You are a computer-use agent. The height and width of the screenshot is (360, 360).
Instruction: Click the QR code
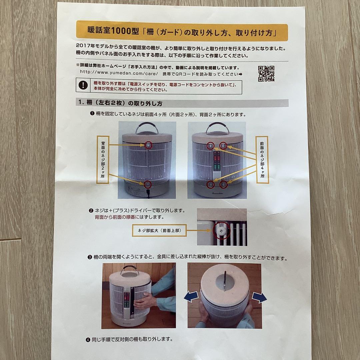pyautogui.click(x=266, y=74)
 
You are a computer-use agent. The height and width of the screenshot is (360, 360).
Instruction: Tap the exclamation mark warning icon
pyautogui.click(x=83, y=85)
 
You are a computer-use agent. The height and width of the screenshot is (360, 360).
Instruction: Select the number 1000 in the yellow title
pyautogui.click(x=121, y=31)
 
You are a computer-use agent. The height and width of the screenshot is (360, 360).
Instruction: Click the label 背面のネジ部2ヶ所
pyautogui.click(x=103, y=160)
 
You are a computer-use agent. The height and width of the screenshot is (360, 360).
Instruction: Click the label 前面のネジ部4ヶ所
pyautogui.click(x=262, y=160)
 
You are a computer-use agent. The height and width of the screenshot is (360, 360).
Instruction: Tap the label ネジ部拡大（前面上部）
pyautogui.click(x=159, y=230)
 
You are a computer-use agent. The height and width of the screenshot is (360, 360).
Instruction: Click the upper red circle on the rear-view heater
pyautogui.click(x=148, y=145)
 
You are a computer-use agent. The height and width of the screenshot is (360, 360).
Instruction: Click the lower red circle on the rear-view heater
pyautogui.click(x=148, y=184)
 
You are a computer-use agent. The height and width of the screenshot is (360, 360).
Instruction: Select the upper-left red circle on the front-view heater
pyautogui.click(x=211, y=146)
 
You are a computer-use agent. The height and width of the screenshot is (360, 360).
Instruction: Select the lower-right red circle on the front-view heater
pyautogui.click(x=223, y=184)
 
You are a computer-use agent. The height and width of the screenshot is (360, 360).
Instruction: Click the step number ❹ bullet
pyautogui.click(x=88, y=340)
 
